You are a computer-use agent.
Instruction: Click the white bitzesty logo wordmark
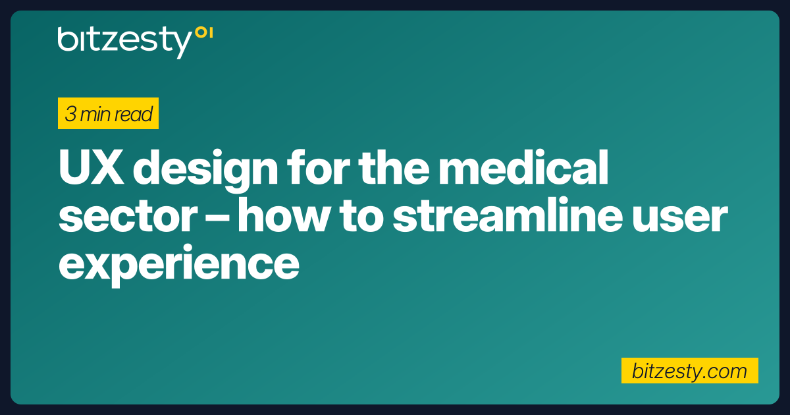tap(124, 40)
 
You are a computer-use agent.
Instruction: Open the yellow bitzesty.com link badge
tap(690, 371)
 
